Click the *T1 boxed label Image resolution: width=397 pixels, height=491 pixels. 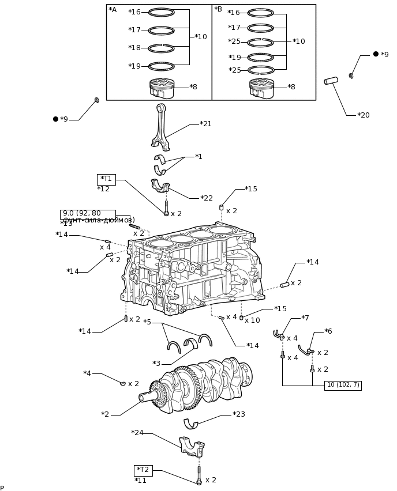[x=106, y=179]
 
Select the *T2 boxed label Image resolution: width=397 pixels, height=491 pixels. [x=143, y=470]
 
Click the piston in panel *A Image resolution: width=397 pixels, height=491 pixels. [x=162, y=88]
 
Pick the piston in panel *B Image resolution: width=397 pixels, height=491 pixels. [x=261, y=88]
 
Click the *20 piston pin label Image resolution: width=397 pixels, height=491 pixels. [x=363, y=115]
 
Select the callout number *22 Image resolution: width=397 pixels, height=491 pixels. [x=207, y=198]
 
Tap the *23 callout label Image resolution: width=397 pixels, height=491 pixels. [x=239, y=414]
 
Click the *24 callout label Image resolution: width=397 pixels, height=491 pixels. [x=137, y=433]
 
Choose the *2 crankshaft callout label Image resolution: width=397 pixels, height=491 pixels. [x=105, y=414]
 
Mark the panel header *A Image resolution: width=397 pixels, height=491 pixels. [x=113, y=10]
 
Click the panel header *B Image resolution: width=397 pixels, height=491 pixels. [x=218, y=9]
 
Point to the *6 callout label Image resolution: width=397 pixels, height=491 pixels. [x=328, y=331]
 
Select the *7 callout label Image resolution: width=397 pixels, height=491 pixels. [x=305, y=318]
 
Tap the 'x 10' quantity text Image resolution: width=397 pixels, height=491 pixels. [x=252, y=320]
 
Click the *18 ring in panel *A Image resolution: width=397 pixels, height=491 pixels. [x=161, y=48]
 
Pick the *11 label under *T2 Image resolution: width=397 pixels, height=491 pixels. [x=141, y=481]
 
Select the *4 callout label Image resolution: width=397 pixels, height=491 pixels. [x=87, y=373]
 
